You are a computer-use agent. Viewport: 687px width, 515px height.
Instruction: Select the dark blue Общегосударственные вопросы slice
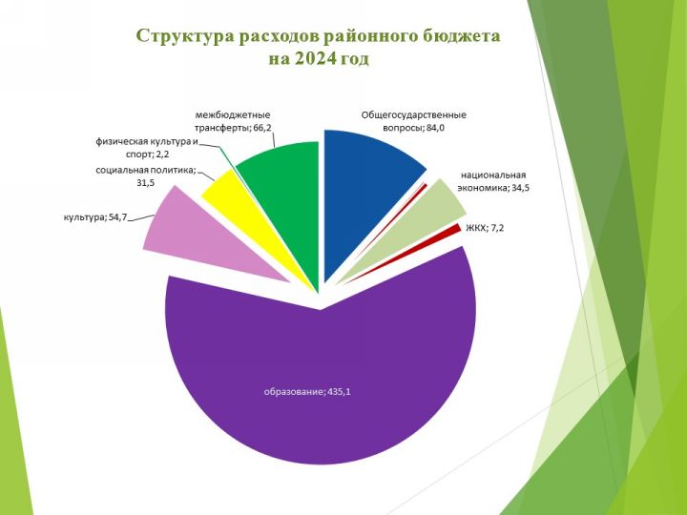[364, 193]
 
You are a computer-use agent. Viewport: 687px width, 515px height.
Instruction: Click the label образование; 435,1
[307, 392]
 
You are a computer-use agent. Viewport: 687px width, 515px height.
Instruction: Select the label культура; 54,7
[95, 216]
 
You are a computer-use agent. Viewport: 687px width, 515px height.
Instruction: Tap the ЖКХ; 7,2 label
[485, 228]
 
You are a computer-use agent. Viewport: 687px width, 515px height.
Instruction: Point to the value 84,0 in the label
[435, 128]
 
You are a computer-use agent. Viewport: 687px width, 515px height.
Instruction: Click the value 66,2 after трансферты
[262, 128]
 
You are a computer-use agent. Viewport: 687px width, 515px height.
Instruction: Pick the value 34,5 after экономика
[521, 188]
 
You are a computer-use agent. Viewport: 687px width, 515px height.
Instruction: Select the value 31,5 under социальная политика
[145, 182]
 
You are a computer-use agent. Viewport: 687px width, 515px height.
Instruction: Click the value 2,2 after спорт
[162, 154]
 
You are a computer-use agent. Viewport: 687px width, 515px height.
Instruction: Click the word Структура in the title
[184, 36]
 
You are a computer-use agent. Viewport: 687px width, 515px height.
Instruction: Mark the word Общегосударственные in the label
[413, 115]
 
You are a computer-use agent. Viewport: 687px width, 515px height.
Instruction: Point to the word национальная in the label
[493, 175]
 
